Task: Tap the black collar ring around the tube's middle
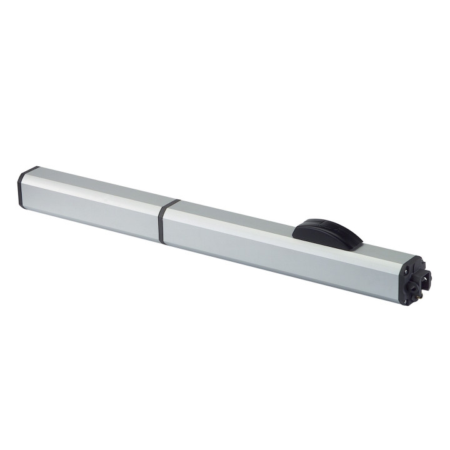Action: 162,222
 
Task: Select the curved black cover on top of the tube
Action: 327,232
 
